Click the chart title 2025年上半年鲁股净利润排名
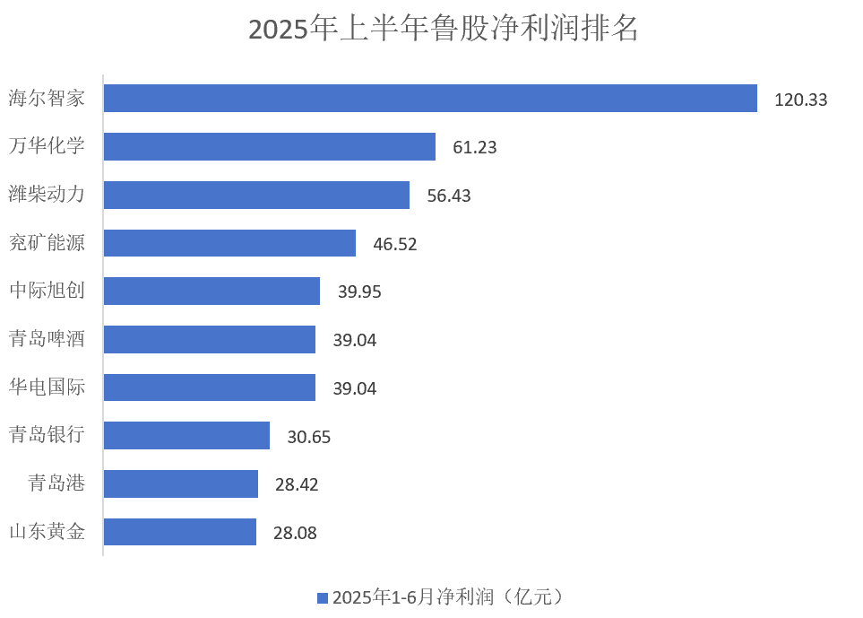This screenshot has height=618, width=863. pyautogui.click(x=443, y=29)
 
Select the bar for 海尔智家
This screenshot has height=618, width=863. pyautogui.click(x=430, y=99)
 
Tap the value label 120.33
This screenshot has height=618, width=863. pyautogui.click(x=800, y=100)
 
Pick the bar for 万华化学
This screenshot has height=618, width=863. pyautogui.click(x=269, y=147)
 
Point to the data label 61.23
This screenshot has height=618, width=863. pyautogui.click(x=474, y=148)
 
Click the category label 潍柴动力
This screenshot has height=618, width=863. pyautogui.click(x=47, y=195)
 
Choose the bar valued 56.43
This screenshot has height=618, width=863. pyautogui.click(x=256, y=196)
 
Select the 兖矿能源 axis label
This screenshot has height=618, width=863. pyautogui.click(x=47, y=243)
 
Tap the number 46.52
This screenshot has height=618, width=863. pyautogui.click(x=395, y=244)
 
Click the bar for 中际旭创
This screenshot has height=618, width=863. pyautogui.click(x=211, y=292)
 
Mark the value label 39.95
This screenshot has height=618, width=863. pyautogui.click(x=359, y=292)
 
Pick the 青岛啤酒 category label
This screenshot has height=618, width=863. pyautogui.click(x=47, y=339)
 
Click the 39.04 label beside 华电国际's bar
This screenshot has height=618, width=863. pyautogui.click(x=355, y=388)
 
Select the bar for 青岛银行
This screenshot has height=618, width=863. pyautogui.click(x=186, y=436)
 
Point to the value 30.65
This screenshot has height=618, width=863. pyautogui.click(x=309, y=437)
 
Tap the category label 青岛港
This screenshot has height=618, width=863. pyautogui.click(x=56, y=483)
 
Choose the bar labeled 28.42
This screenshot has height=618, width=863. pyautogui.click(x=181, y=484)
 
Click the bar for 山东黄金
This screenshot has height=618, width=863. pyautogui.click(x=180, y=532)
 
